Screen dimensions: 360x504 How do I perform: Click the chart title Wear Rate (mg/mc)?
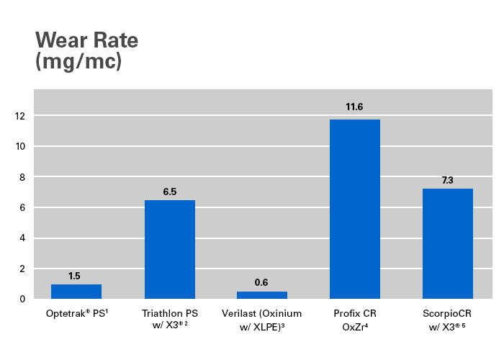coord(86,50)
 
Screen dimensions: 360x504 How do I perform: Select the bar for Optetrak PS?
coord(76,292)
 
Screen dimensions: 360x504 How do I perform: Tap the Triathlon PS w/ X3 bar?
coord(170,249)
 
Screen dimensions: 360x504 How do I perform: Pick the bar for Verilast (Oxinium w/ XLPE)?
coord(262,294)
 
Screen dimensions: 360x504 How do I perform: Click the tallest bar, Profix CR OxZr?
coord(355,209)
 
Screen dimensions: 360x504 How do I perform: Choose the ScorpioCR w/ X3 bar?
coord(448,243)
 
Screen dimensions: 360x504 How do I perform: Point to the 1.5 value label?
coord(75,276)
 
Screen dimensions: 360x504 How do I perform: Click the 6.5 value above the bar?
coord(170,192)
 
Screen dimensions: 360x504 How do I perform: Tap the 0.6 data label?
coord(262,283)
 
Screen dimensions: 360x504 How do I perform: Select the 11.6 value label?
coord(354,107)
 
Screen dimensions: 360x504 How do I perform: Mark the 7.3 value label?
coord(447,179)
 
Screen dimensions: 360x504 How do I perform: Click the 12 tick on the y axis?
coord(19,116)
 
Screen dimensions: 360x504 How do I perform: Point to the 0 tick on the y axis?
coord(22,299)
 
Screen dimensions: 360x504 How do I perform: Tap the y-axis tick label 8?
coord(22,177)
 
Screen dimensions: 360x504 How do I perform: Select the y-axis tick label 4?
coord(22,238)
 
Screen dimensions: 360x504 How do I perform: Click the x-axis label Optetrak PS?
coord(76,314)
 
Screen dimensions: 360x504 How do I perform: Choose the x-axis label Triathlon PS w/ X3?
coord(170,320)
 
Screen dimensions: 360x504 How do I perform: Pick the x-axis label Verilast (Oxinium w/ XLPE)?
coord(262,320)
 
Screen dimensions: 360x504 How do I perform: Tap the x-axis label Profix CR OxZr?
coord(355,320)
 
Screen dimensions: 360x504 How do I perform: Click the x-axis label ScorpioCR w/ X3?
coord(448,320)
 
